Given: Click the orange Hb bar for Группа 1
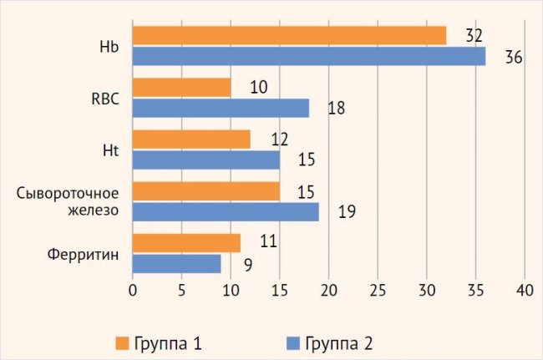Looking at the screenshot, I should click(289, 36).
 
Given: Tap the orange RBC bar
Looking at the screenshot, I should click(181, 88).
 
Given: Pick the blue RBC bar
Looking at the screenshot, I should click(221, 108).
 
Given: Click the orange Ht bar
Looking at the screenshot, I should click(191, 139).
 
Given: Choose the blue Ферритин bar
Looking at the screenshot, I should click(176, 263).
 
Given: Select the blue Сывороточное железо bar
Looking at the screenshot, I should click(226, 211).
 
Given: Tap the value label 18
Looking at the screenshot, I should click(337, 109).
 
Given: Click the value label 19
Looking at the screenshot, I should click(347, 212).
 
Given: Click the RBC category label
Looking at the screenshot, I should click(105, 98).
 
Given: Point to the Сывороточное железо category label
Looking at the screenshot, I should click(68, 201).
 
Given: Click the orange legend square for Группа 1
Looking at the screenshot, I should click(121, 343).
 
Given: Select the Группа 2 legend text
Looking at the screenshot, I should click(338, 343).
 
